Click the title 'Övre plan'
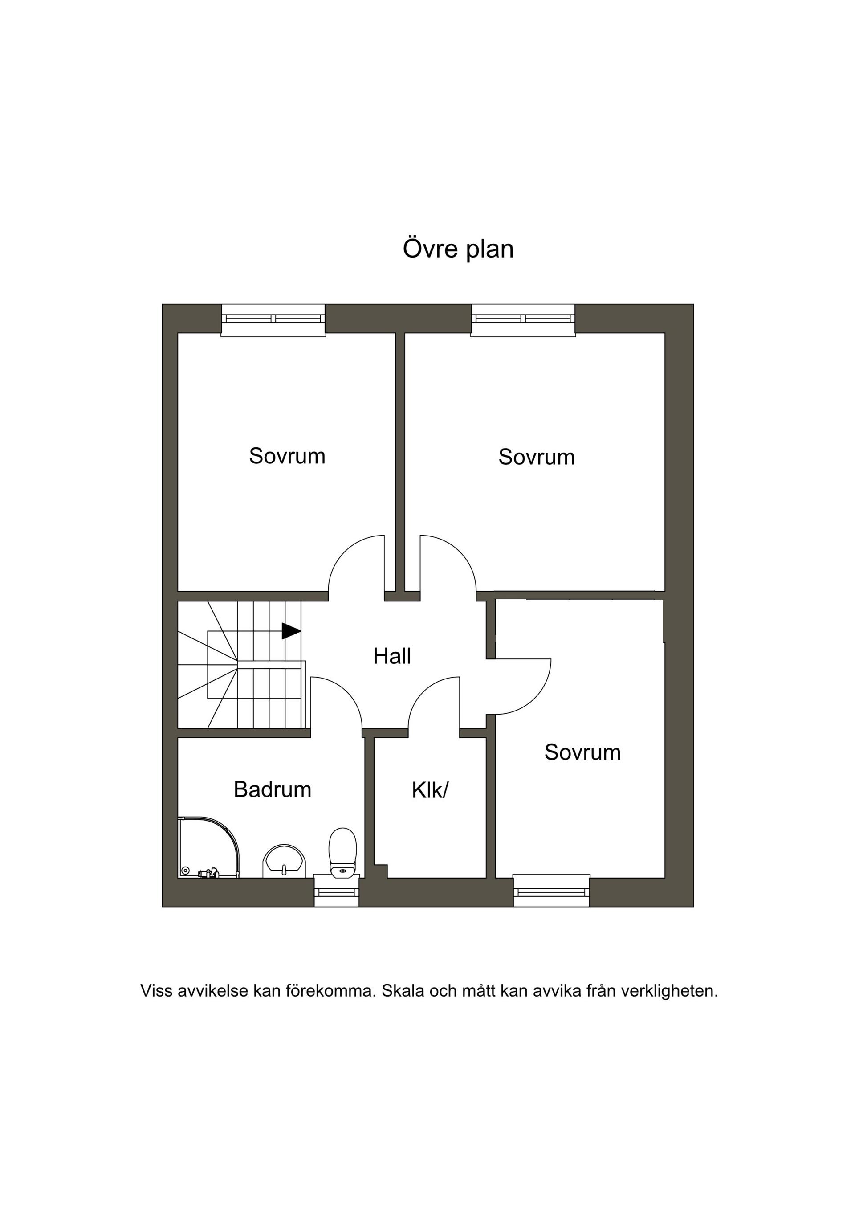458,250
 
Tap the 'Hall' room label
392,657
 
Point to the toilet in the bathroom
342,852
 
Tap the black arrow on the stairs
291,631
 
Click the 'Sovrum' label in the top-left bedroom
287,456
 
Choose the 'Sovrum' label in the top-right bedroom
536,458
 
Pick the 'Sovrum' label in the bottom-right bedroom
582,752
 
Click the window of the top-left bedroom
273,320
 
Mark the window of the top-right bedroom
523,320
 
